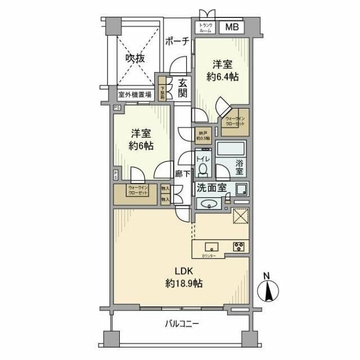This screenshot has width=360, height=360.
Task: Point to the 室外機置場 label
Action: point(134,95)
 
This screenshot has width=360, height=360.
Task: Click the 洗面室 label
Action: point(211,187)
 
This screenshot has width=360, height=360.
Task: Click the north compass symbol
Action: point(268,291)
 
